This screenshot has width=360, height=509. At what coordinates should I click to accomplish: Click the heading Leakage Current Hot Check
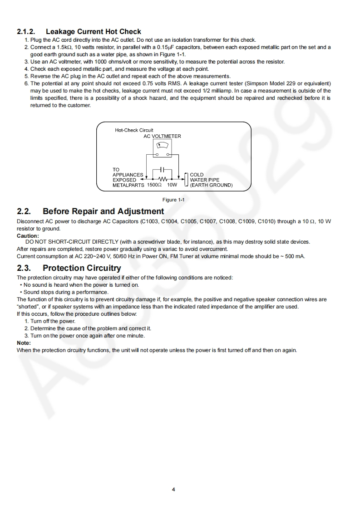coord(93,32)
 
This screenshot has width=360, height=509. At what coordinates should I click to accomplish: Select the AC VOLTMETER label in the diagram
coord(162,136)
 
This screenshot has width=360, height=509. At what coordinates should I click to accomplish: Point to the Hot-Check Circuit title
coord(134,130)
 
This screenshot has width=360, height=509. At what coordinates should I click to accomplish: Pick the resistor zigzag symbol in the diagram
coord(163,178)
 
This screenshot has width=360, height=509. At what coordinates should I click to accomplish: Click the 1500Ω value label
coord(154,185)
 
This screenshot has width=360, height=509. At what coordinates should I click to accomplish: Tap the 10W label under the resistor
coord(172,185)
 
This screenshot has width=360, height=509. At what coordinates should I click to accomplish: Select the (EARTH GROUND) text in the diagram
coord(211,185)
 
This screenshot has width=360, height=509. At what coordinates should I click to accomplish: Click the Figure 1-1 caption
coord(173,200)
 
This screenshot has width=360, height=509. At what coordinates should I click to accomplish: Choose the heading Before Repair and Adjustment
coord(103,211)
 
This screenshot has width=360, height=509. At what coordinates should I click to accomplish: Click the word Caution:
coord(28,236)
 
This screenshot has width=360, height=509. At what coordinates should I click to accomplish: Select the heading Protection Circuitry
coord(82,268)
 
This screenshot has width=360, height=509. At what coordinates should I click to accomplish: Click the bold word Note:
coord(24,343)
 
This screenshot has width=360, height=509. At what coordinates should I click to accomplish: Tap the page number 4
coord(173,489)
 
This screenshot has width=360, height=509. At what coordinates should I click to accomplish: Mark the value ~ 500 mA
coord(294,256)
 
